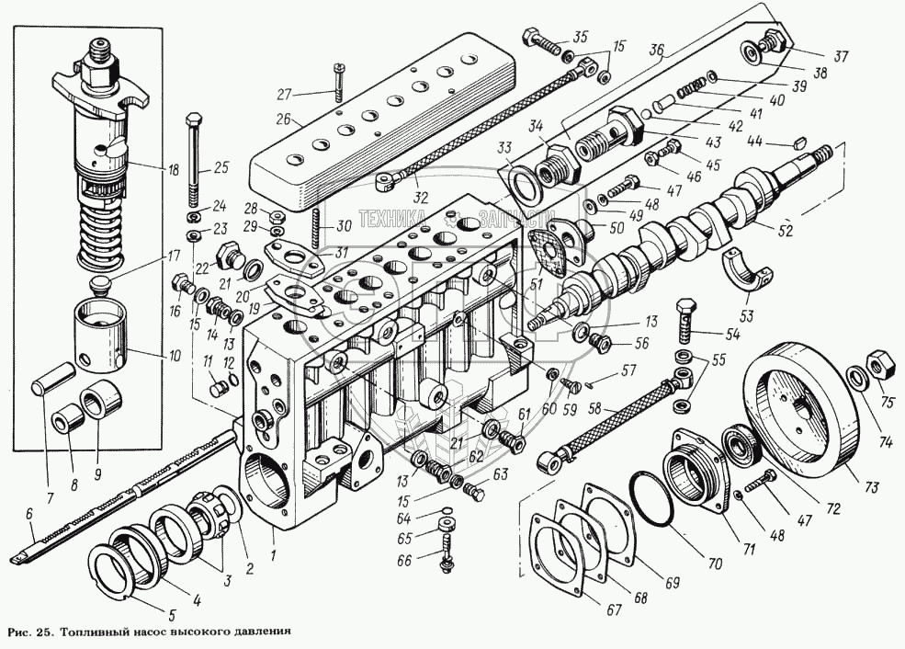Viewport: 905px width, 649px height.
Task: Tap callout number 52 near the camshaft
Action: click(784, 230)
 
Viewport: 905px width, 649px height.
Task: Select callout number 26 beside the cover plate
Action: click(284, 120)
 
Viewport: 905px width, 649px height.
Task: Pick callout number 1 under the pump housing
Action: click(275, 554)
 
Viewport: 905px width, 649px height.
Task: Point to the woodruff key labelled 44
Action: click(798, 143)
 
